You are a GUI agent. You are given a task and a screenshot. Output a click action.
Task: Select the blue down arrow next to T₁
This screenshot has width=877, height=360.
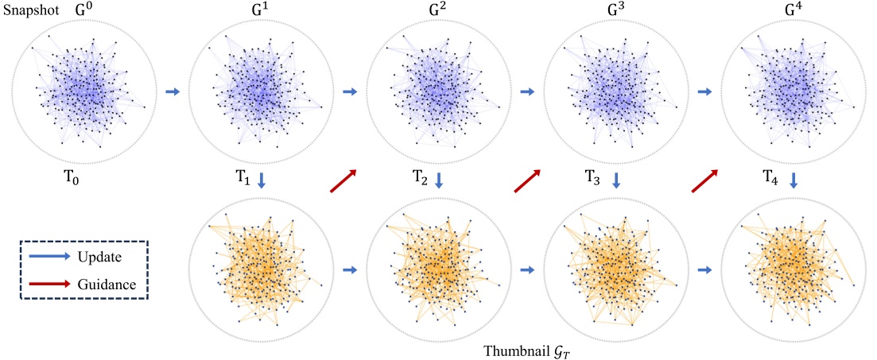coord(262,182)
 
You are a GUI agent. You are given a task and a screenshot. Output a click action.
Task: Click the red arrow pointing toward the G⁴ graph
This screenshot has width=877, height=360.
coord(704,180)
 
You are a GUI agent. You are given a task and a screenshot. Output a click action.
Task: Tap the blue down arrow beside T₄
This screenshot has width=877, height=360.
coord(793,182)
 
